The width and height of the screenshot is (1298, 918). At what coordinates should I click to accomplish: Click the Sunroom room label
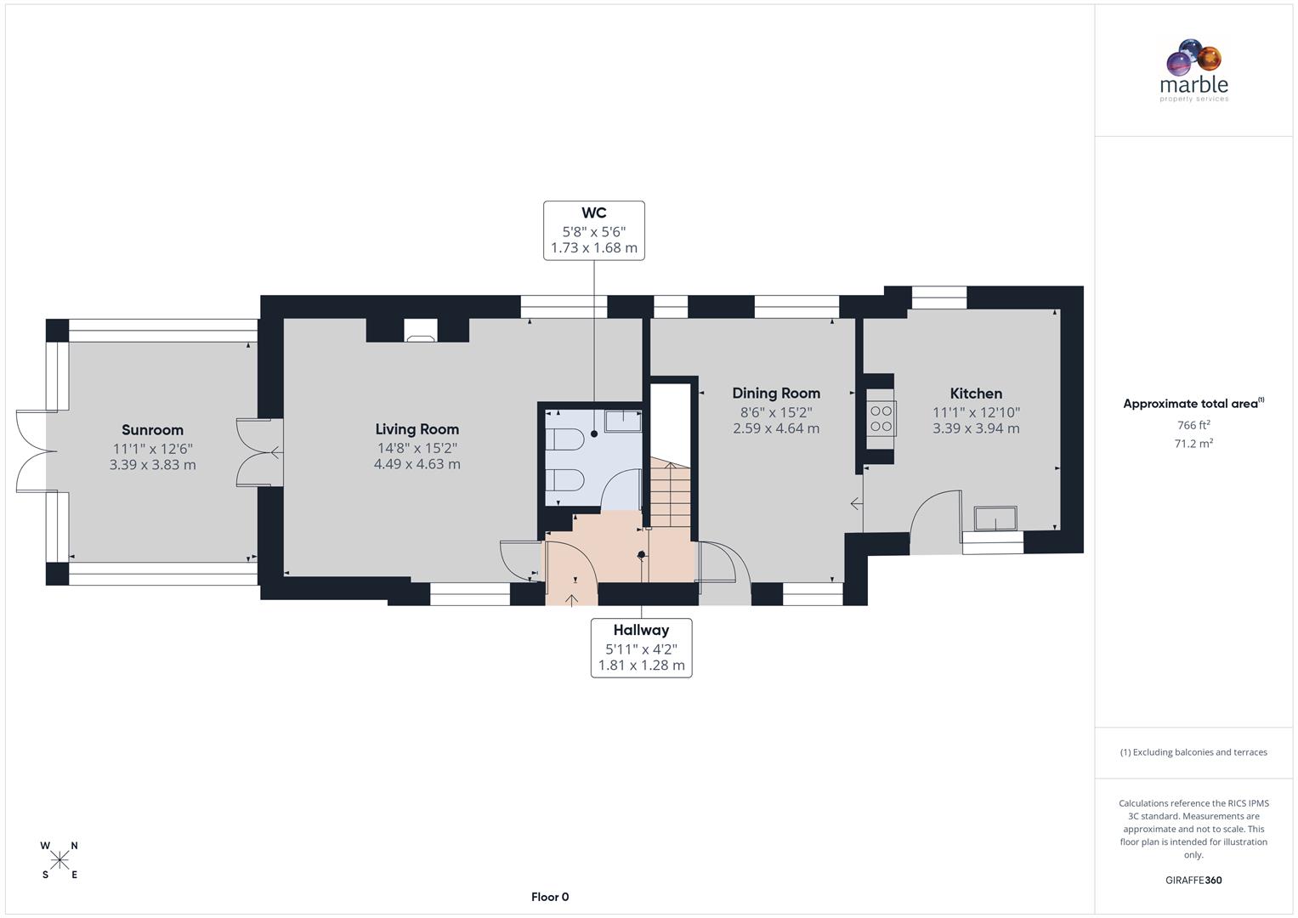[x=152, y=430]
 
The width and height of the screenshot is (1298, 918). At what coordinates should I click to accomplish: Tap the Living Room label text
[x=417, y=429]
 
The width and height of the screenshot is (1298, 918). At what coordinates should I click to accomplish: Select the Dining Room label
[x=776, y=393]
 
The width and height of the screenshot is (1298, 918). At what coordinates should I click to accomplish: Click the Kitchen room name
[x=976, y=394]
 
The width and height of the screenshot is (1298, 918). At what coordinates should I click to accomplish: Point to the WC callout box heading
[x=593, y=212]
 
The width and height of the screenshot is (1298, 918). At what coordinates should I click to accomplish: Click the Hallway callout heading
[x=641, y=630]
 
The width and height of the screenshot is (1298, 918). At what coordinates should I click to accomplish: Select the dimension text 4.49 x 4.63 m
[x=417, y=464]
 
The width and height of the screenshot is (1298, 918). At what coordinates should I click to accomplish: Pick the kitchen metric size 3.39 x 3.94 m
[x=976, y=428]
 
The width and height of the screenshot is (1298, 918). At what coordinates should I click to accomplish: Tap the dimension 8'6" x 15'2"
[x=776, y=411]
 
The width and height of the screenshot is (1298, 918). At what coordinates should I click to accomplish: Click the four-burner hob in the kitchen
[x=881, y=418]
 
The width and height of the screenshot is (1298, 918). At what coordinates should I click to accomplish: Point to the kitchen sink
[x=995, y=518]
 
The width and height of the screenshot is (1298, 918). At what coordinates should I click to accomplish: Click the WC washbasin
[x=622, y=421]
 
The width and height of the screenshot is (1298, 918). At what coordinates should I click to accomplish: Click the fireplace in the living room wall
[x=420, y=331]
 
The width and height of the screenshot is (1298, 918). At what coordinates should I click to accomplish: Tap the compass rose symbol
[x=60, y=860]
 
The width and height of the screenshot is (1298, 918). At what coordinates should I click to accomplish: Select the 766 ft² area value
[x=1193, y=425]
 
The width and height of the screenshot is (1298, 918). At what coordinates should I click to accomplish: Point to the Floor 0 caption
[x=550, y=897]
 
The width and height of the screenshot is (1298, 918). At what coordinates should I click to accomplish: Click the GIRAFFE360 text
[x=1193, y=881]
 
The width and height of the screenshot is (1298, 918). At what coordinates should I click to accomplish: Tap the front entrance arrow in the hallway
[x=571, y=599]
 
